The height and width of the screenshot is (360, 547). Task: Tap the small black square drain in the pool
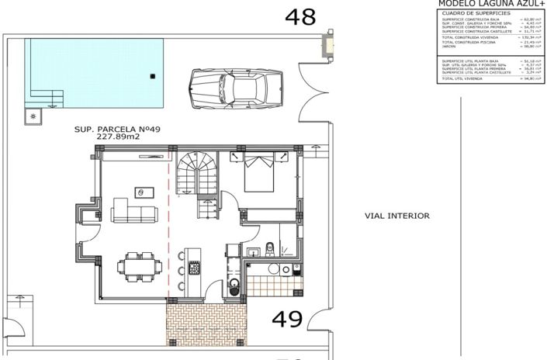(x=153, y=75)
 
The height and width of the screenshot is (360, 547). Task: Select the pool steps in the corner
(x=47, y=96)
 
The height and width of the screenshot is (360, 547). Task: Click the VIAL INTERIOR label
(x=396, y=216)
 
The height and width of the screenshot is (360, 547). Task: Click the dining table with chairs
(x=139, y=265)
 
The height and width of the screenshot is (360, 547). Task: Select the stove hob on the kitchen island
(x=194, y=267)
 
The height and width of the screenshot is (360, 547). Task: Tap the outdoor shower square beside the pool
(x=33, y=117)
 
